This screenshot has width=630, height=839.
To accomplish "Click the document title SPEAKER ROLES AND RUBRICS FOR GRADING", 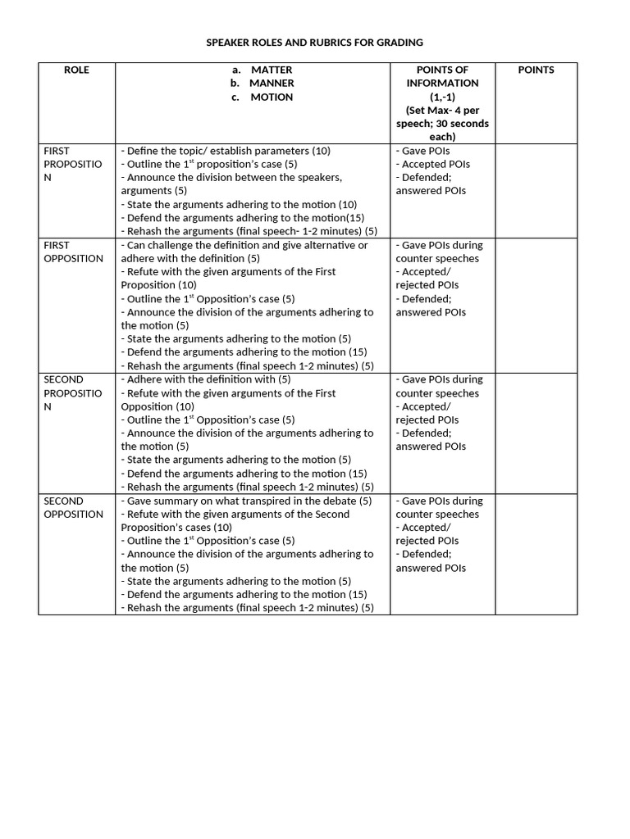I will coord(315,42).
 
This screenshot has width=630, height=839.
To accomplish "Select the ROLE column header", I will coord(76,70).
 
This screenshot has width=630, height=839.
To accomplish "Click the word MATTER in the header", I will coord(271,70).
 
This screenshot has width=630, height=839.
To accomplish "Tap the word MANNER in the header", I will coord(272,83).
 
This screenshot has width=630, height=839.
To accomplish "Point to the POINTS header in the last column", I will coord(536,70).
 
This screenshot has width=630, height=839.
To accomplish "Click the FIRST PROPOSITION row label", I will coord(72,164).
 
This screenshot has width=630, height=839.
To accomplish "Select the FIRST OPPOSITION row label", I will coord(72,252).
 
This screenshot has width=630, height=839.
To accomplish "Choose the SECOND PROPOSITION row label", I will coord(72,392).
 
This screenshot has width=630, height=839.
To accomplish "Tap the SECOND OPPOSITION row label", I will coord(72,507).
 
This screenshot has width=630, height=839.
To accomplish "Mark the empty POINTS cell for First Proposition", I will coord(536,190).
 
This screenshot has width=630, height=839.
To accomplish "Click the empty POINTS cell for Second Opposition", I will coord(536,553).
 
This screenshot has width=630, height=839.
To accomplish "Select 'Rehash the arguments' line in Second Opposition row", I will coord(247,608).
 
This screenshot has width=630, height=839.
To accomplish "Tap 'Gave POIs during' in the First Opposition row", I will coord(439,245).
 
